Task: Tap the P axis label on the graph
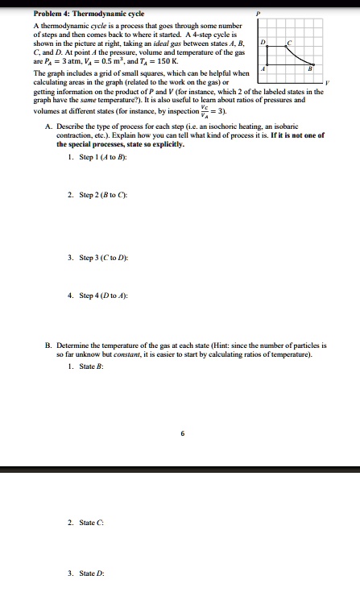258,14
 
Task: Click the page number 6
183,433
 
